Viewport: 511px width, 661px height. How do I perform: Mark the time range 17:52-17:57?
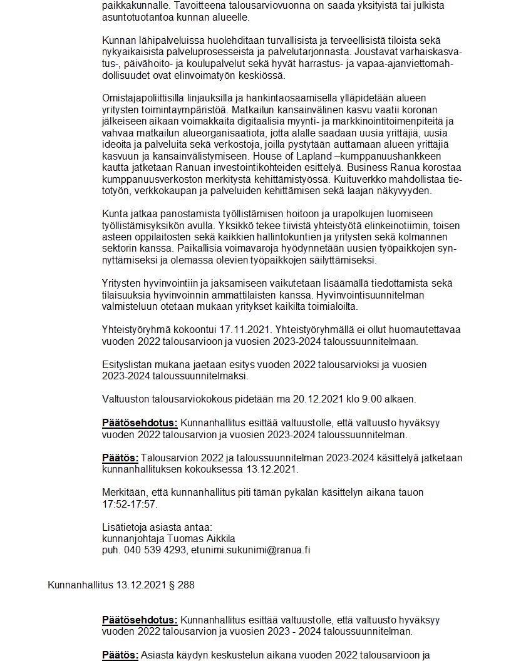130,504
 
